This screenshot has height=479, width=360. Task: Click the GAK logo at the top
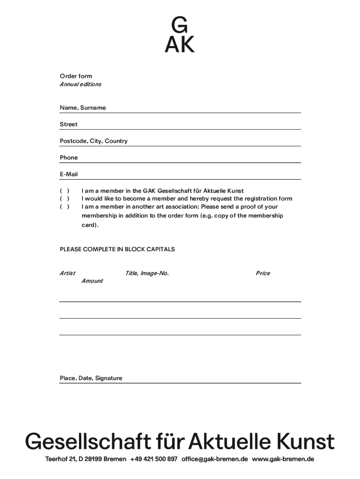(x=180, y=35)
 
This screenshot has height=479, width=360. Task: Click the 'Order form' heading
(x=76, y=76)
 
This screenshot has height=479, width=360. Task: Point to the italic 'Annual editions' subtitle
(x=80, y=85)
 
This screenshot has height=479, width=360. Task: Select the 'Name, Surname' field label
(x=83, y=108)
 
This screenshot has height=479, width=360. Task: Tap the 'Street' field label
(x=69, y=124)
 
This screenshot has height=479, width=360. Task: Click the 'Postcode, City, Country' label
(x=94, y=141)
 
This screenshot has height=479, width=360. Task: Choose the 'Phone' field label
(x=69, y=158)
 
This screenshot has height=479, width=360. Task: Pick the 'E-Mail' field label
(x=69, y=174)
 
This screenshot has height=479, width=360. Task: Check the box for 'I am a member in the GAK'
(x=65, y=191)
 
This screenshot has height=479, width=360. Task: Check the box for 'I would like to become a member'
(x=65, y=199)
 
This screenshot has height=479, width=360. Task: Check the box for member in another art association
(x=65, y=207)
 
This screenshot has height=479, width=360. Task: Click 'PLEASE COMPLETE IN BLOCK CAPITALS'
(x=117, y=249)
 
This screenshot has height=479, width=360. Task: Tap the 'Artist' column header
(x=67, y=273)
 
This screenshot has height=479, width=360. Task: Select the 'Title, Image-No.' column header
(x=147, y=273)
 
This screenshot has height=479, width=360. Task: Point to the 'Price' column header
(x=263, y=273)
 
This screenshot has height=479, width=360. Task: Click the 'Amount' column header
(x=92, y=281)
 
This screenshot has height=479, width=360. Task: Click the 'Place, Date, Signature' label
(x=91, y=378)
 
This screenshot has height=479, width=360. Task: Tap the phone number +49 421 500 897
(x=154, y=459)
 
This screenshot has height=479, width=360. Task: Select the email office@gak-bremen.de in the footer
(x=215, y=459)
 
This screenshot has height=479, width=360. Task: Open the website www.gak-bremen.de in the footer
(x=283, y=459)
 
